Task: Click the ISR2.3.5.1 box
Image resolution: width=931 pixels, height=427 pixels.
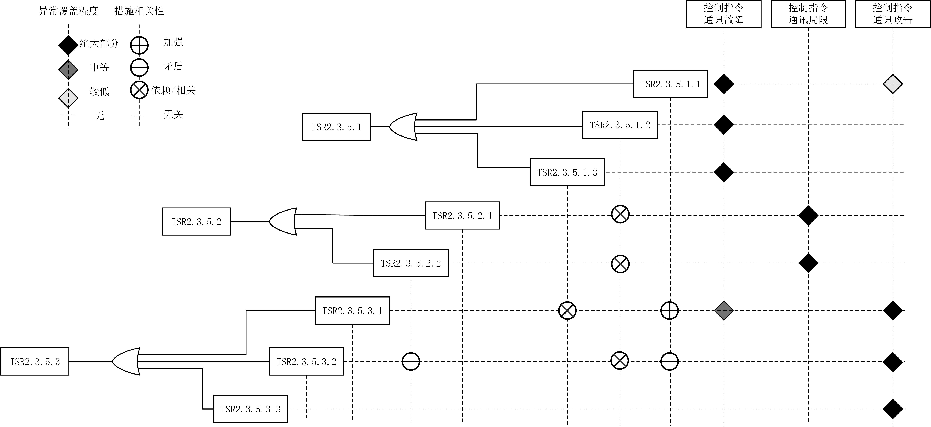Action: pos(336,127)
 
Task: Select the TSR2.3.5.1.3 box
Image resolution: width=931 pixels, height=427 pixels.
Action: pos(567,172)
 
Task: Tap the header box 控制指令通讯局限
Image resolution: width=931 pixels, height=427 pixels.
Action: pos(808,14)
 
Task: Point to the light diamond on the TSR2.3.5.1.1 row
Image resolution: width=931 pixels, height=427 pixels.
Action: pos(893,84)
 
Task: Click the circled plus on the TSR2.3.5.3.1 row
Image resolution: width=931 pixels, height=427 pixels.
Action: pos(669,310)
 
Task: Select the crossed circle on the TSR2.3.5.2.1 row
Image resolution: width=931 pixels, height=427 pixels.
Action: pos(620,214)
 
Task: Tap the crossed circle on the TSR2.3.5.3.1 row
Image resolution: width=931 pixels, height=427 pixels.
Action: pos(567,310)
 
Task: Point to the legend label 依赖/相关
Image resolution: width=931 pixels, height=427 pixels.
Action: pos(174,90)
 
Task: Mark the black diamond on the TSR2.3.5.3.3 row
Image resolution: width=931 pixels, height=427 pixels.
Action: pos(893,409)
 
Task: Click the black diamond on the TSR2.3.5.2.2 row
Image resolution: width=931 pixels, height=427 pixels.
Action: pos(808,263)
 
